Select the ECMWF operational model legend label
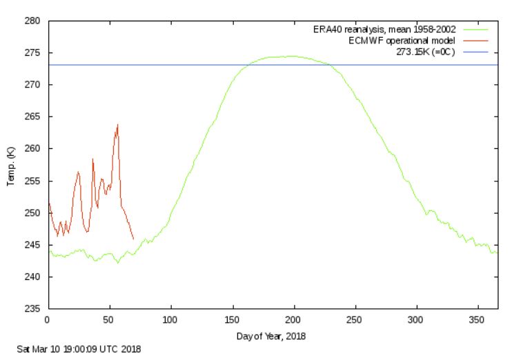pos(402,41)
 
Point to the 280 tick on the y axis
pos(33,21)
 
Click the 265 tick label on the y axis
pos(33,117)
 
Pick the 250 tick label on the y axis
pos(33,212)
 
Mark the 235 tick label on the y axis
pos(33,308)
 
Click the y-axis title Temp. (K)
pos(11,166)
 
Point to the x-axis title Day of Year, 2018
pos(272,337)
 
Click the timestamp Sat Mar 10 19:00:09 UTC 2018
pos(79,350)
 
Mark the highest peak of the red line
pos(118,125)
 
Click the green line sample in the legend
pos(476,30)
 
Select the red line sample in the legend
pos(476,41)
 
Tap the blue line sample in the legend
pos(476,52)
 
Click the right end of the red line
pos(133,239)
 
